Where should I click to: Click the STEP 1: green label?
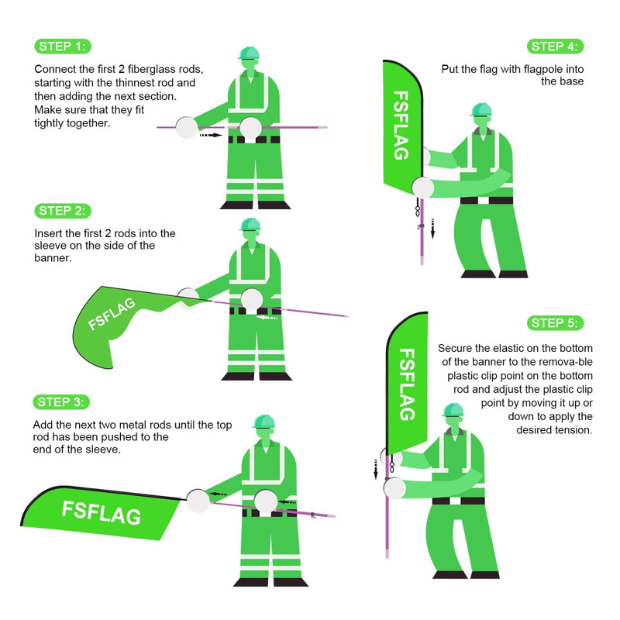[x=63, y=46]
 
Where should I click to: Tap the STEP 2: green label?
[x=63, y=211]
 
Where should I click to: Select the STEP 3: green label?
[x=63, y=401]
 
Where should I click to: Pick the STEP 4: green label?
[x=555, y=46]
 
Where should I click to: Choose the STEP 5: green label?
[x=555, y=323]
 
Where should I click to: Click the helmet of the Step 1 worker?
[x=249, y=53]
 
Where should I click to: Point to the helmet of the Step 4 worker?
[x=480, y=109]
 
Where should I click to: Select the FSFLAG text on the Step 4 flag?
[x=401, y=126]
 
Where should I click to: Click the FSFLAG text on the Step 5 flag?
[x=406, y=384]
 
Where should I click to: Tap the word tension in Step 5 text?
[x=573, y=429]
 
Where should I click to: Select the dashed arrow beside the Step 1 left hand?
[x=210, y=135]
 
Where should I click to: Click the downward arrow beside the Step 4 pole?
[x=432, y=228]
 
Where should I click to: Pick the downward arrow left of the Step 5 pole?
[x=376, y=468]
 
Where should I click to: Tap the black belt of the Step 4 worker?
[x=486, y=200]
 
